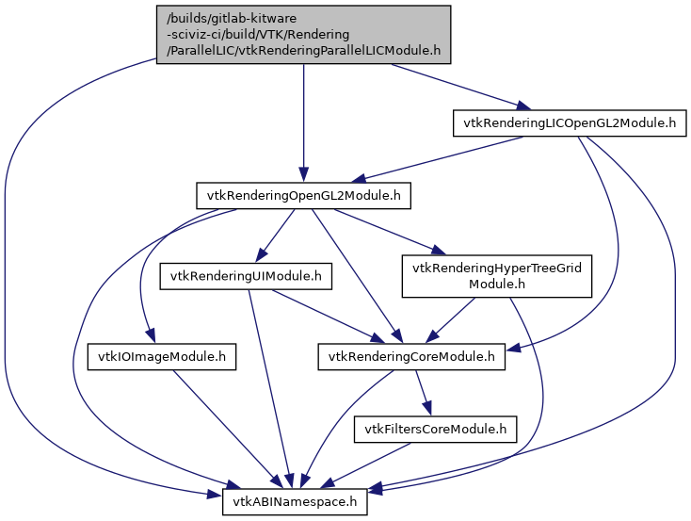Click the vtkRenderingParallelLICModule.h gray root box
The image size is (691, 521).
pos(302,35)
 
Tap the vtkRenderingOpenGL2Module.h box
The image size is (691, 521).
pos(302,196)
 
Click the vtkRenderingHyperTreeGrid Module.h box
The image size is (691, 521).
pos(498,276)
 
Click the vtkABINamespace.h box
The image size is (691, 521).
pos(295,502)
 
